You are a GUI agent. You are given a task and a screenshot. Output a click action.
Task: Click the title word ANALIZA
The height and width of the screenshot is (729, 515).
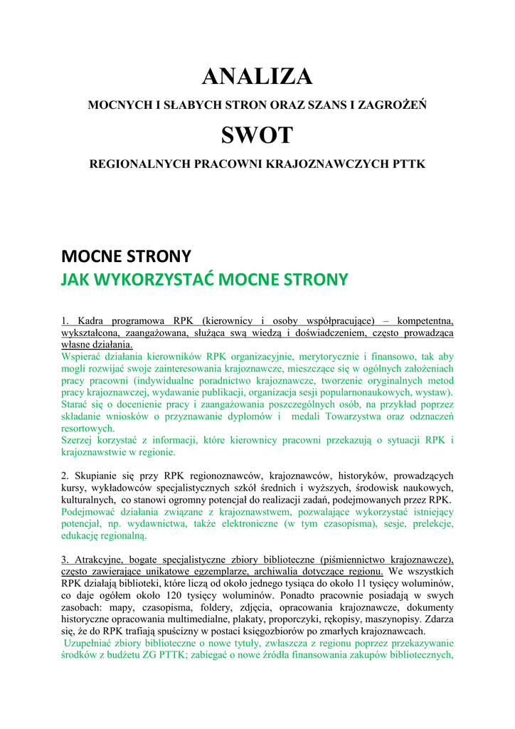tap(257, 76)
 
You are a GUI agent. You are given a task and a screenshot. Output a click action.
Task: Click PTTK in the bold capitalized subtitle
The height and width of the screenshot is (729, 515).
tap(409, 164)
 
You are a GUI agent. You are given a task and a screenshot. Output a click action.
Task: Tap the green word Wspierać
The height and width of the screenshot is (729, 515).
tap(83, 356)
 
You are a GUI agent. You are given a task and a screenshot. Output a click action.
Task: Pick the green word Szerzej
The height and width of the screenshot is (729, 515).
tap(79, 440)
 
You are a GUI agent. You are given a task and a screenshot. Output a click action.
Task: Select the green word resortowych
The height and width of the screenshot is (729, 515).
tap(87, 429)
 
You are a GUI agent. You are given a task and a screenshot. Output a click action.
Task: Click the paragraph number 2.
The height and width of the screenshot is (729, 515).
tap(65, 475)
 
